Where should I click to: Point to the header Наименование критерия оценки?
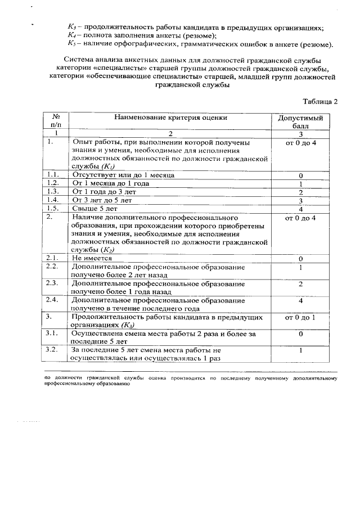pos(171,118)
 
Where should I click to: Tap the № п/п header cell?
pos(56,122)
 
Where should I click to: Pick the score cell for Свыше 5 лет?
pos(301,210)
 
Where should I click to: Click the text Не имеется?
pos(92,258)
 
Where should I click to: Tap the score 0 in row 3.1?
pos(301,334)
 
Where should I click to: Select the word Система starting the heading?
pos(80,59)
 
